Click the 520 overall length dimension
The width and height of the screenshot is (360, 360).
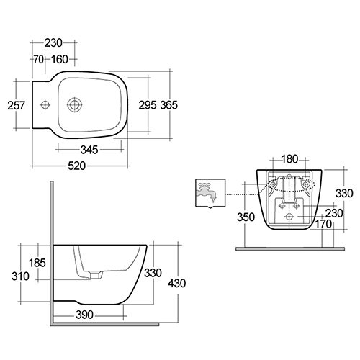click(76, 166)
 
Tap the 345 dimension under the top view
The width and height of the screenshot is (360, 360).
click(89, 150)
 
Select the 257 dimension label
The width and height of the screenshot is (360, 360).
click(16, 105)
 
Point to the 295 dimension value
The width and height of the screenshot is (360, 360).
click(148, 105)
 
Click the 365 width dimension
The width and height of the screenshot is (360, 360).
click(168, 105)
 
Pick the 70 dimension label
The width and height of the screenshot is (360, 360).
click(38, 59)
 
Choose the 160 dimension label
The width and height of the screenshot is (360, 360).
click(60, 59)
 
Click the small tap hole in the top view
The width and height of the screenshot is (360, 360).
click(45, 104)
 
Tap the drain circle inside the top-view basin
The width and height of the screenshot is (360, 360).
click(74, 105)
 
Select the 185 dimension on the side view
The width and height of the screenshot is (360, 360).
click(37, 263)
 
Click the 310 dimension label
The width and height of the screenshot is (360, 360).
click(20, 276)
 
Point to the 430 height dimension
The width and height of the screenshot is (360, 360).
click(176, 284)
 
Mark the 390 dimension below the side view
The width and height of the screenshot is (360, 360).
click(84, 315)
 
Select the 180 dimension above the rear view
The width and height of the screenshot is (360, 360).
click(289, 159)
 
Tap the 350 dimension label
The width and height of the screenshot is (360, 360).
click(246, 217)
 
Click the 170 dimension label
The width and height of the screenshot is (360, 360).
click(323, 224)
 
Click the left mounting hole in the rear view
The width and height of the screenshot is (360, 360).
click(273, 184)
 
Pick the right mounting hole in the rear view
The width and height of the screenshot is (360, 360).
click(305, 184)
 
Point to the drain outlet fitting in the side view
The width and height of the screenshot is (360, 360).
click(96, 275)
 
